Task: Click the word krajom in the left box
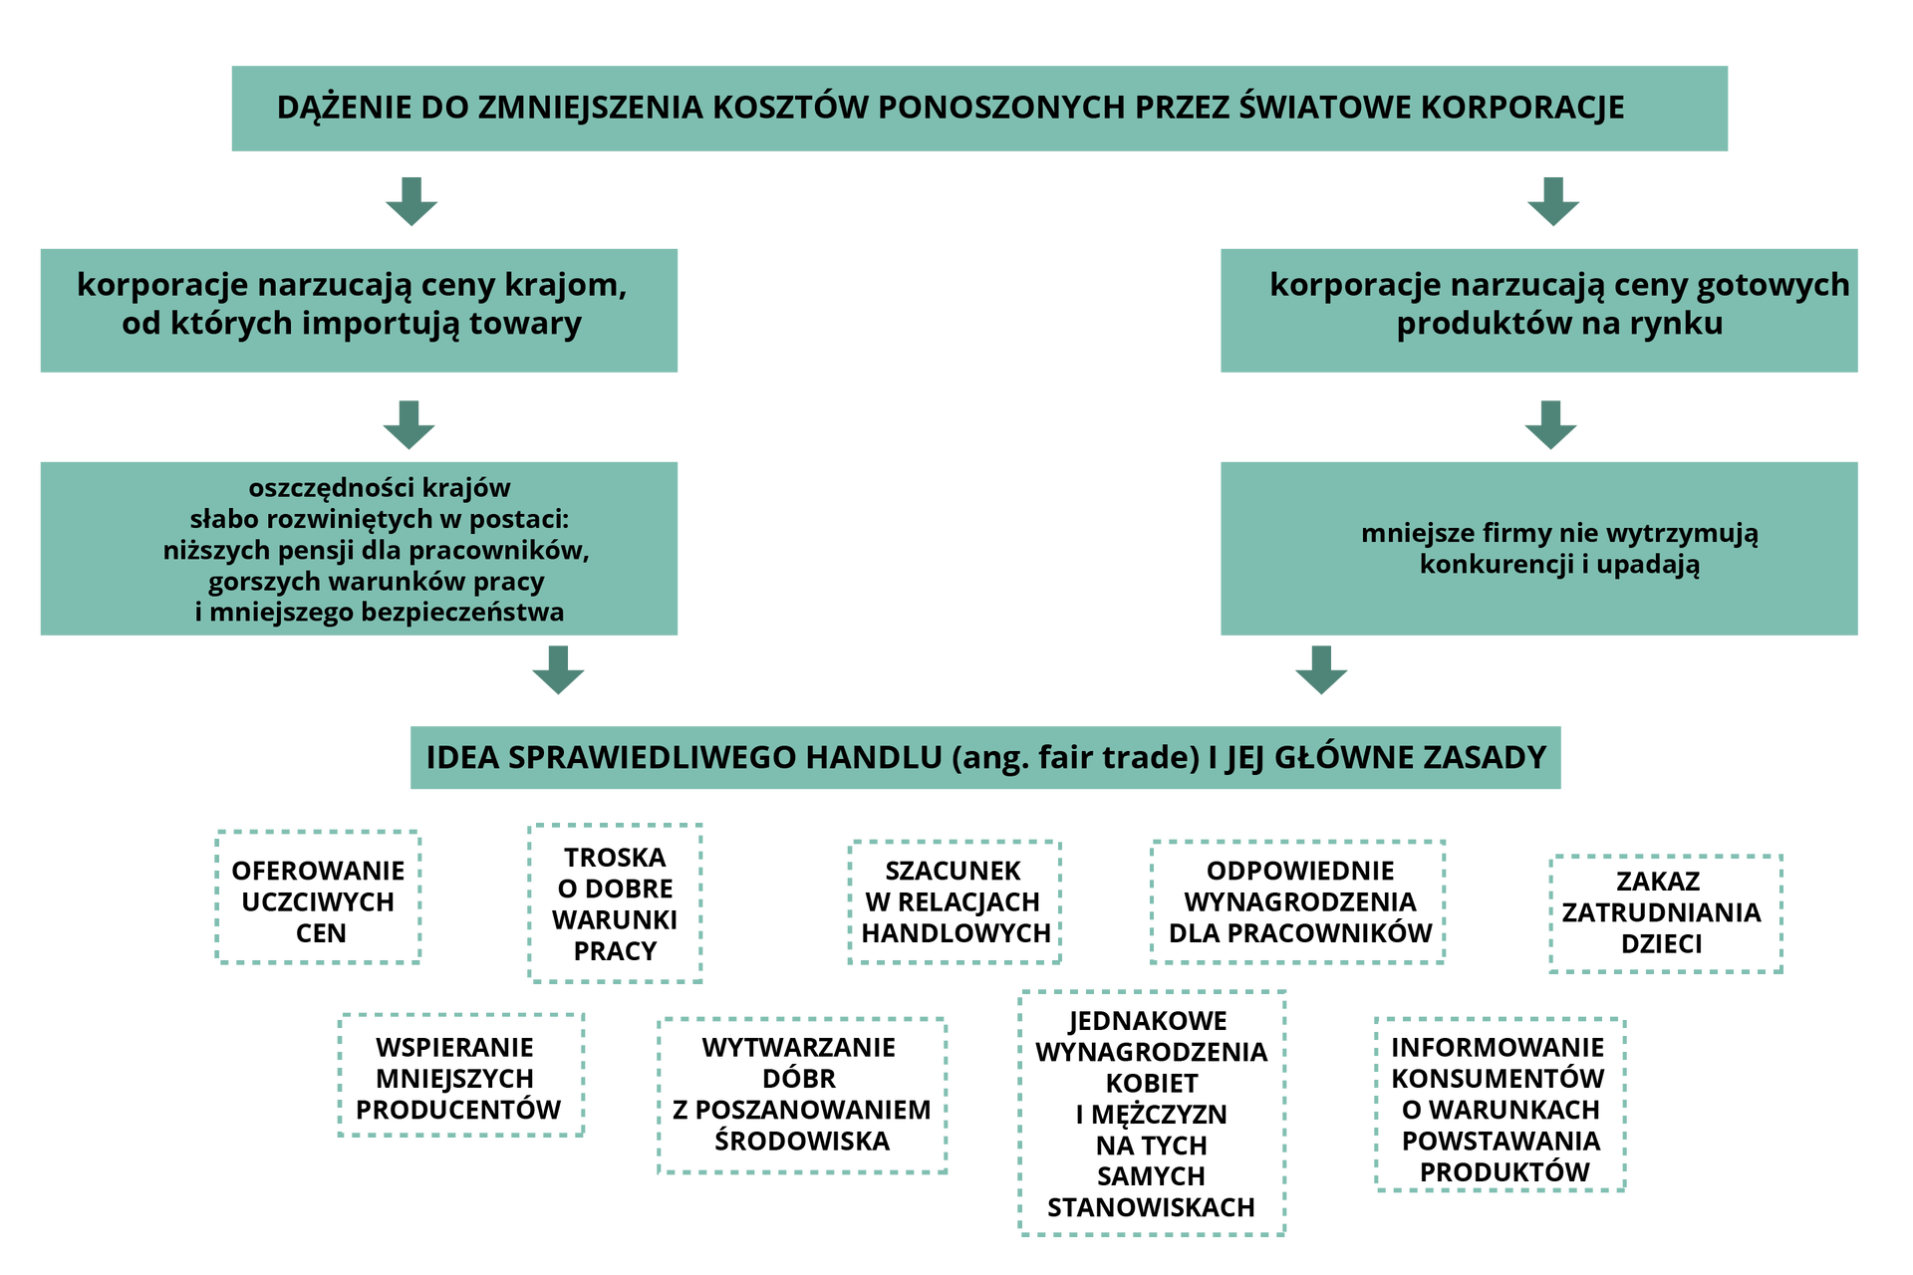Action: (x=575, y=285)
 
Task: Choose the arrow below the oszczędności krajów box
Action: (x=558, y=669)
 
